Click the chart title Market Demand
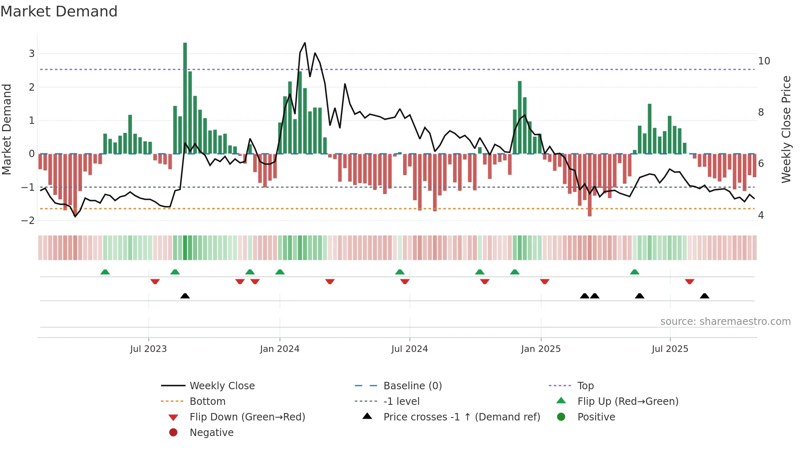pyautogui.click(x=59, y=11)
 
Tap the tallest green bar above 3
pyautogui.click(x=185, y=98)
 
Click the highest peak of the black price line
pyautogui.click(x=305, y=43)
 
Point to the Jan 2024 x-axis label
pyautogui.click(x=280, y=349)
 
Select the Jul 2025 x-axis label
pyautogui.click(x=670, y=349)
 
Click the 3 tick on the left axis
pyautogui.click(x=32, y=54)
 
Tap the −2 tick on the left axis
pyautogui.click(x=28, y=221)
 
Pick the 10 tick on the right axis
pyautogui.click(x=764, y=61)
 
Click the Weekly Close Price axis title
pyautogui.click(x=786, y=129)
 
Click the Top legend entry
pyautogui.click(x=585, y=386)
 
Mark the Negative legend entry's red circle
pyautogui.click(x=173, y=433)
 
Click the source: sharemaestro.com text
pyautogui.click(x=725, y=322)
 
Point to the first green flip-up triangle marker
pyautogui.click(x=105, y=272)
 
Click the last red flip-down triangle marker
pyautogui.click(x=690, y=281)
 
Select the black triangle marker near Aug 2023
pyautogui.click(x=185, y=296)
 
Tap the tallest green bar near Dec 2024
pyautogui.click(x=520, y=117)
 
